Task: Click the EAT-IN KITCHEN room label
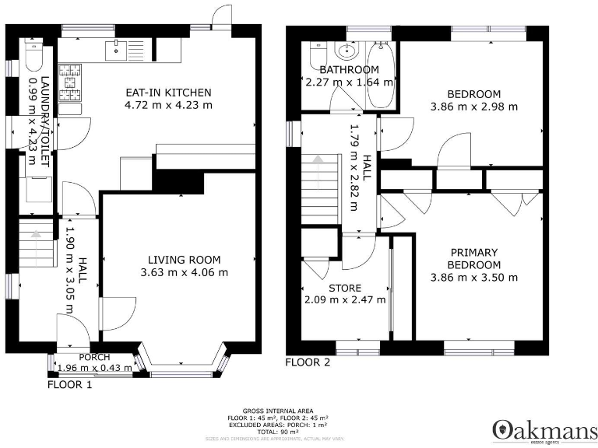pos(167,93)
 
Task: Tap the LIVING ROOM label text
pos(184,260)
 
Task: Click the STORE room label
pos(344,288)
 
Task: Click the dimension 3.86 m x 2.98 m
pos(473,107)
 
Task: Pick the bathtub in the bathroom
pos(381,79)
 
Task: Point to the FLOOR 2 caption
pos(308,362)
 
